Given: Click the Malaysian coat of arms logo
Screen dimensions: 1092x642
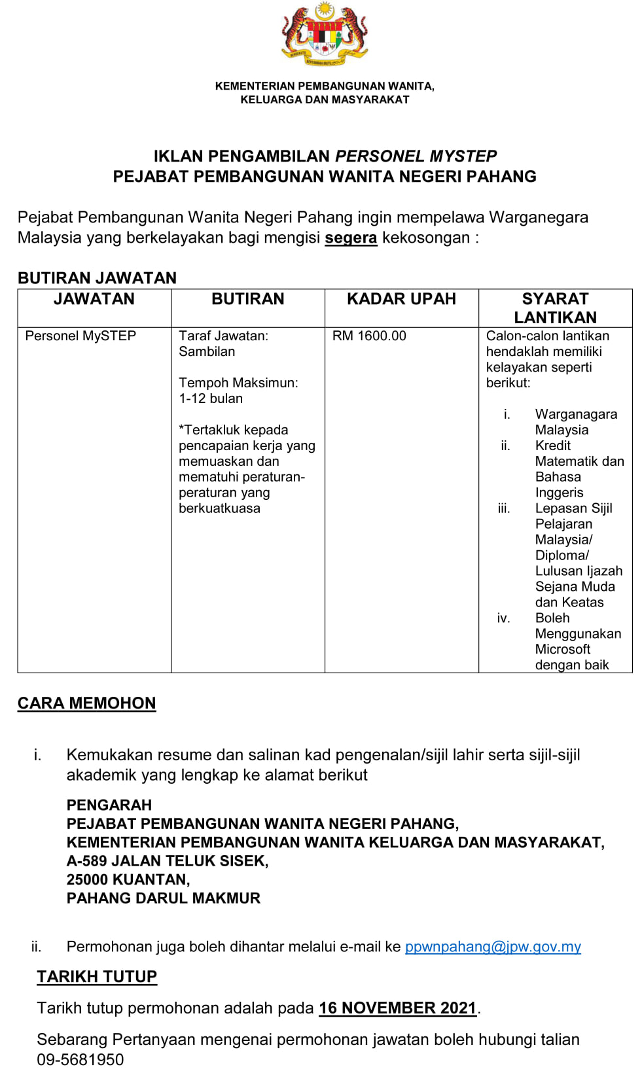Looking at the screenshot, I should click(325, 35).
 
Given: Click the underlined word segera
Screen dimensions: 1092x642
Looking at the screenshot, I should click(351, 238).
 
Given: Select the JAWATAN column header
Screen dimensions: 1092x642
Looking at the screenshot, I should click(94, 299).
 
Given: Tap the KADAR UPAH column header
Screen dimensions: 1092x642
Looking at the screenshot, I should click(401, 299).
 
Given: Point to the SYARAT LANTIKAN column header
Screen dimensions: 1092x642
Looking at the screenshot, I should click(555, 308).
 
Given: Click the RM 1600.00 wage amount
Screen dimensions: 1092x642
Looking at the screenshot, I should click(369, 336).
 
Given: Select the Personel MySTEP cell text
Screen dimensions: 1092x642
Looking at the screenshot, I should click(80, 336).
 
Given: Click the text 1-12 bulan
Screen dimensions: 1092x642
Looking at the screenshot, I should click(211, 398).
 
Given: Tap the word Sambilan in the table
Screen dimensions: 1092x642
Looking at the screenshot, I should click(207, 351).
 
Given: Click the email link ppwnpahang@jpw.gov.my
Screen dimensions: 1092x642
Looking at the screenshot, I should click(493, 947).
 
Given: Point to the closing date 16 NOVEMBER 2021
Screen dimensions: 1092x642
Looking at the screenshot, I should click(397, 1008).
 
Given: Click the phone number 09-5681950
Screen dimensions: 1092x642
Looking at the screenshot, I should click(80, 1060).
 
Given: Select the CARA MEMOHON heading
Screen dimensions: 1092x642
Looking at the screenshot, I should click(87, 703).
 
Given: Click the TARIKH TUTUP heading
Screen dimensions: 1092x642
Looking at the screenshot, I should click(97, 977).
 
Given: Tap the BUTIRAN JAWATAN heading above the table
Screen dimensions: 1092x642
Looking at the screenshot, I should click(98, 278).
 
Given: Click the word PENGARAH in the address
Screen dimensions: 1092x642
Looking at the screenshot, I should click(109, 805).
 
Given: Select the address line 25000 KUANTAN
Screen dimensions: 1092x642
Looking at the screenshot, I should click(128, 879).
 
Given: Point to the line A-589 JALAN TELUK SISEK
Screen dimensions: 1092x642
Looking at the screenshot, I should click(168, 861).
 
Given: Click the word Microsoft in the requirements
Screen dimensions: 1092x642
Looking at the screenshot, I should click(563, 649).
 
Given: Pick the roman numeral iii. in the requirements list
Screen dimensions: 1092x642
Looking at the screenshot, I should click(504, 508).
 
